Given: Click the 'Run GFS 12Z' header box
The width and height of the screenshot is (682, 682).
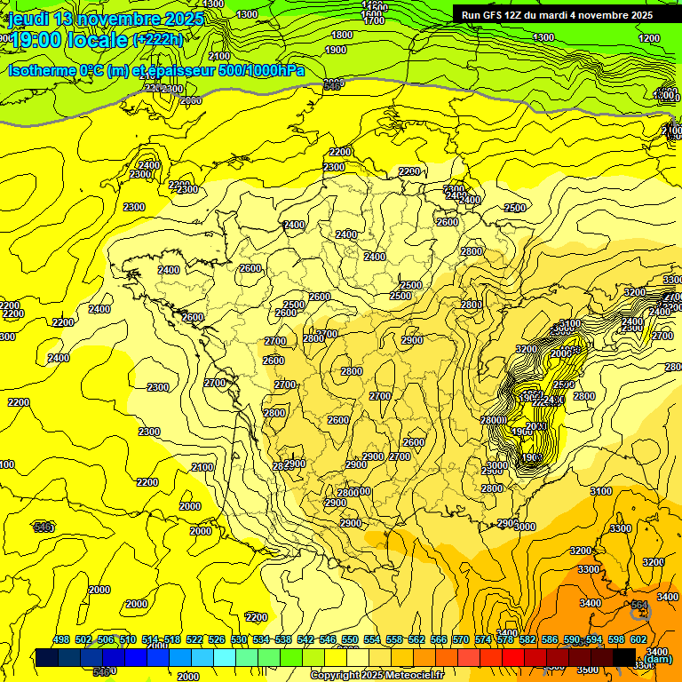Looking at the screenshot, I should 557,15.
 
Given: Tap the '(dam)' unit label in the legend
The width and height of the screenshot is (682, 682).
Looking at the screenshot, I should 657,658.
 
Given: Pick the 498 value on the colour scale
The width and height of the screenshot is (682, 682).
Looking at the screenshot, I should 61,639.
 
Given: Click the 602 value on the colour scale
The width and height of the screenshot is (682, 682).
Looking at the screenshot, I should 638,639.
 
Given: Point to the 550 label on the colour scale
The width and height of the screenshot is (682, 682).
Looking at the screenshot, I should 350,639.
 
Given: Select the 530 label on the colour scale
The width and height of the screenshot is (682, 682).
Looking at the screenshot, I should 239,639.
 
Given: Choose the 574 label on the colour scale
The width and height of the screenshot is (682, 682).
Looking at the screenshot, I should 483,639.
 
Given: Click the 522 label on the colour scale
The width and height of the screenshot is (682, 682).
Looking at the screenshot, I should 194,639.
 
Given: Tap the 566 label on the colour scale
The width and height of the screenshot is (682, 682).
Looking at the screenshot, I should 439,639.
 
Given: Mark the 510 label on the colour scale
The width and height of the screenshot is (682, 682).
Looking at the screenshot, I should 128,639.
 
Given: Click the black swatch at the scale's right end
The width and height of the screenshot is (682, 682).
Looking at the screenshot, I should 625,657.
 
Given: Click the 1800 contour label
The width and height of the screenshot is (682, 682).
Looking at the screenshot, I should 341,36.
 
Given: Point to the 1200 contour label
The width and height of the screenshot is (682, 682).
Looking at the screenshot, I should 649,38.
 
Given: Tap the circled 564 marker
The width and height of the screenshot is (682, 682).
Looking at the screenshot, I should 639,607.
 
